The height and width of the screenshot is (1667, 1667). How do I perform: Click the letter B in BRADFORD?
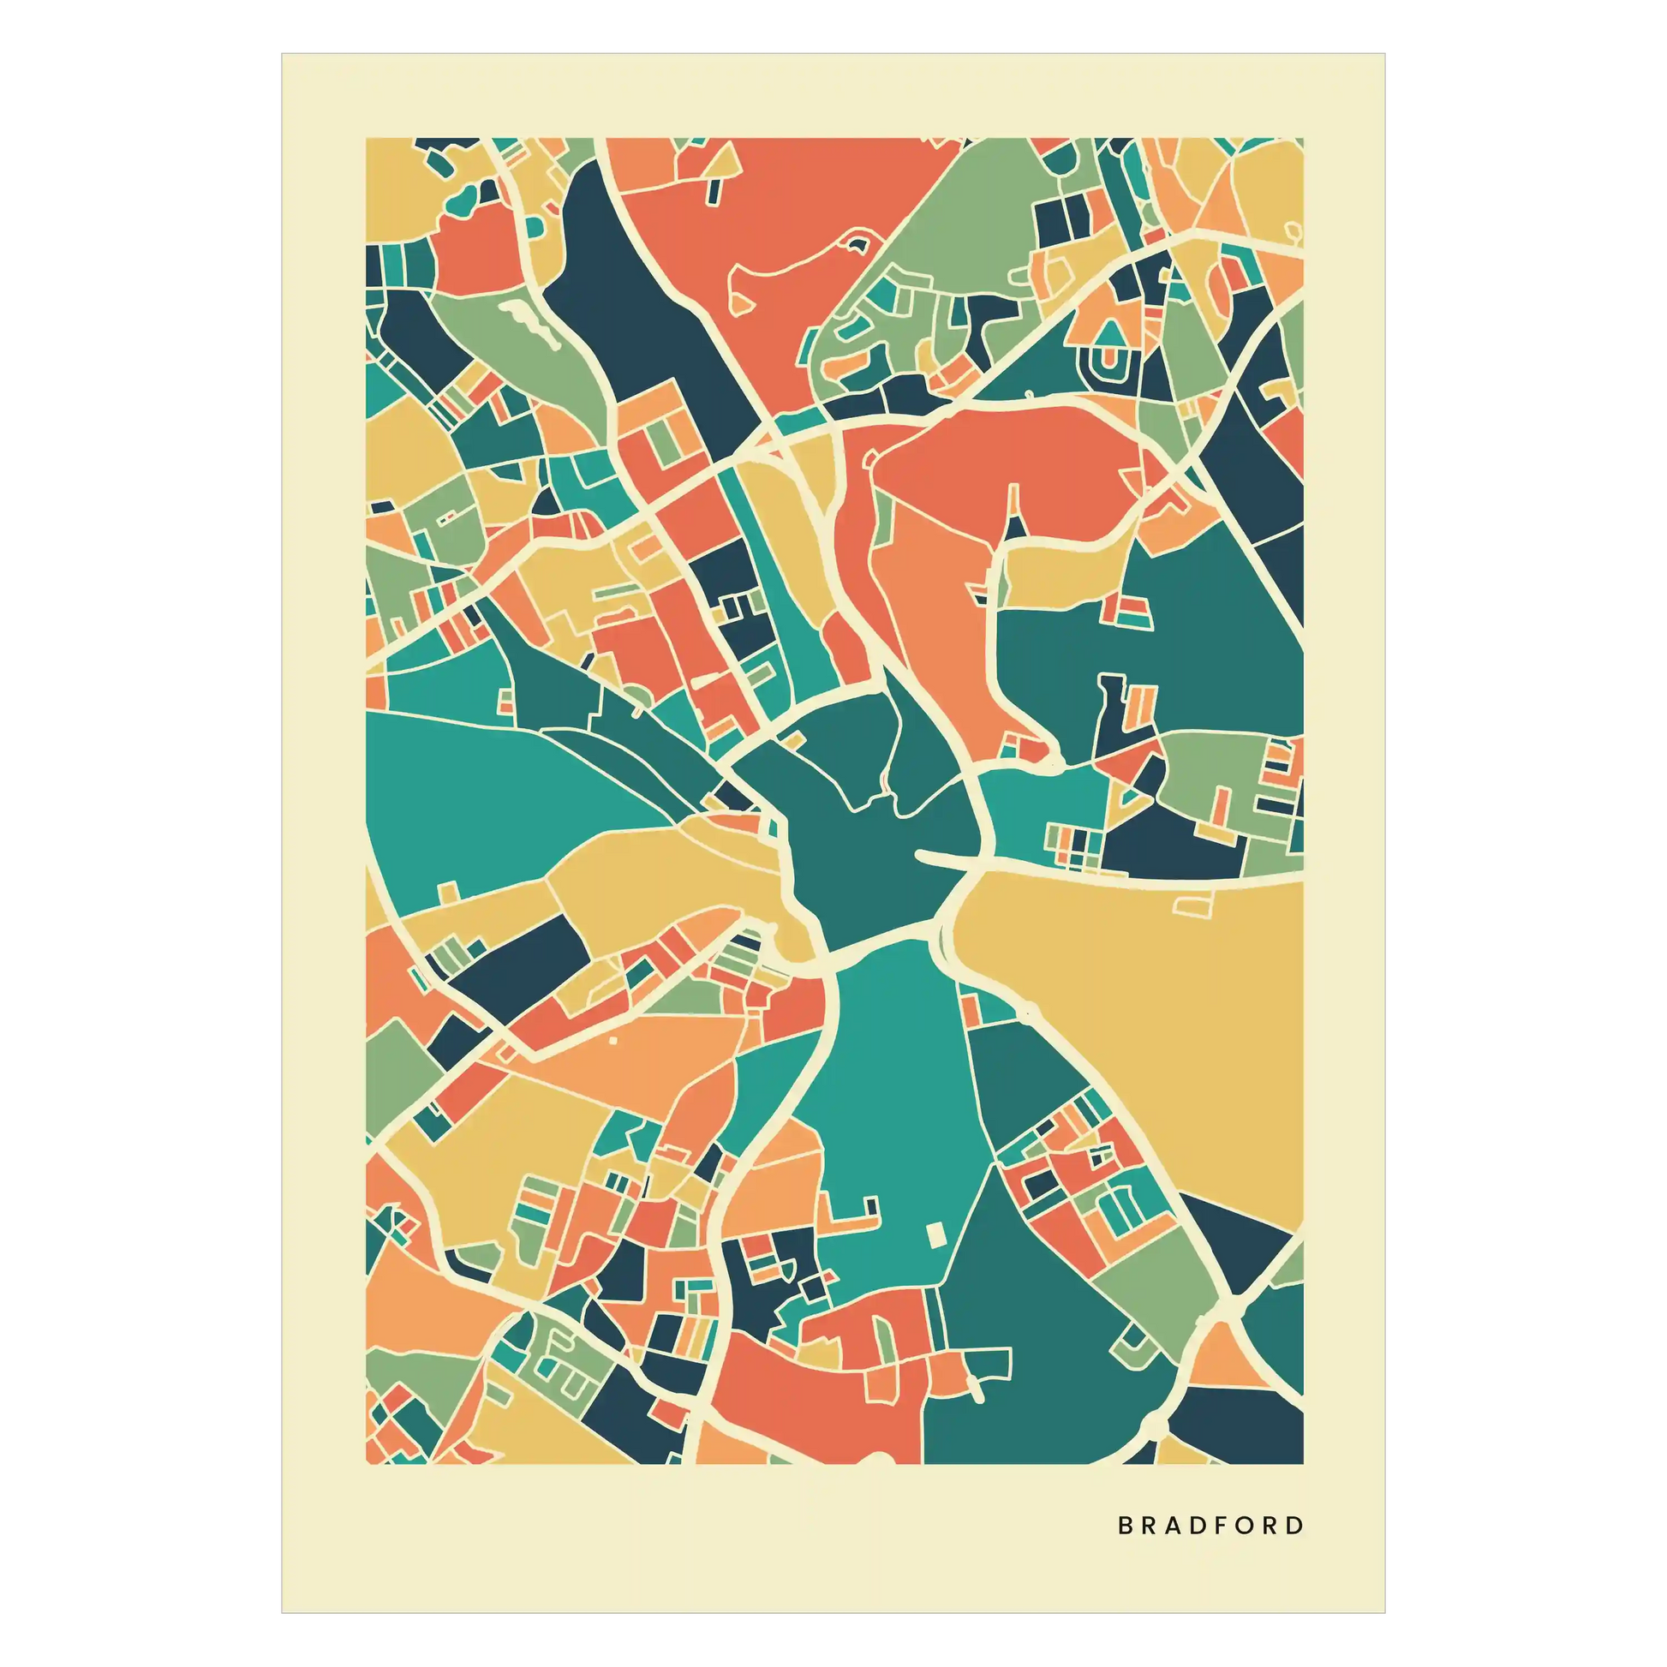[x=1125, y=1526]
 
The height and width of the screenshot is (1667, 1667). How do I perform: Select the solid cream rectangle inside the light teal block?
[x=935, y=1235]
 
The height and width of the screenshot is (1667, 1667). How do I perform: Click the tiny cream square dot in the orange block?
[x=612, y=1040]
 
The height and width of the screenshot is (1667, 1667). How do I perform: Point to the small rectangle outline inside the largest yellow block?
[x=1194, y=905]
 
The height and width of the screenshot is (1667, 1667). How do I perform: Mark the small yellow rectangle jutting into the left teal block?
[x=448, y=891]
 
